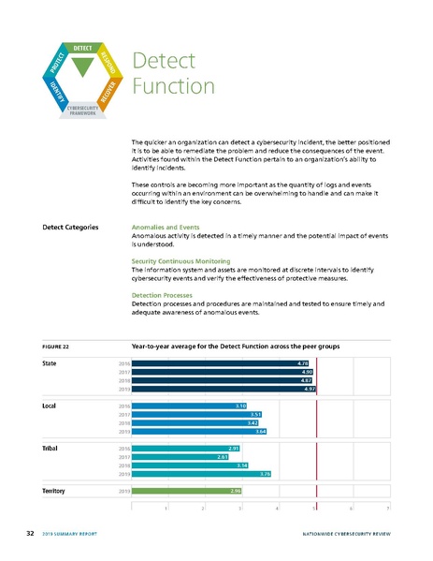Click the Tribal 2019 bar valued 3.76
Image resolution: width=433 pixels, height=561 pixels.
(x=201, y=473)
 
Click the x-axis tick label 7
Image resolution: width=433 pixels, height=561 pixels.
(x=387, y=507)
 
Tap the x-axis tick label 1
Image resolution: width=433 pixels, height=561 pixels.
(x=166, y=507)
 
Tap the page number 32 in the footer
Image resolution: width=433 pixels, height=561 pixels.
(x=30, y=533)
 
